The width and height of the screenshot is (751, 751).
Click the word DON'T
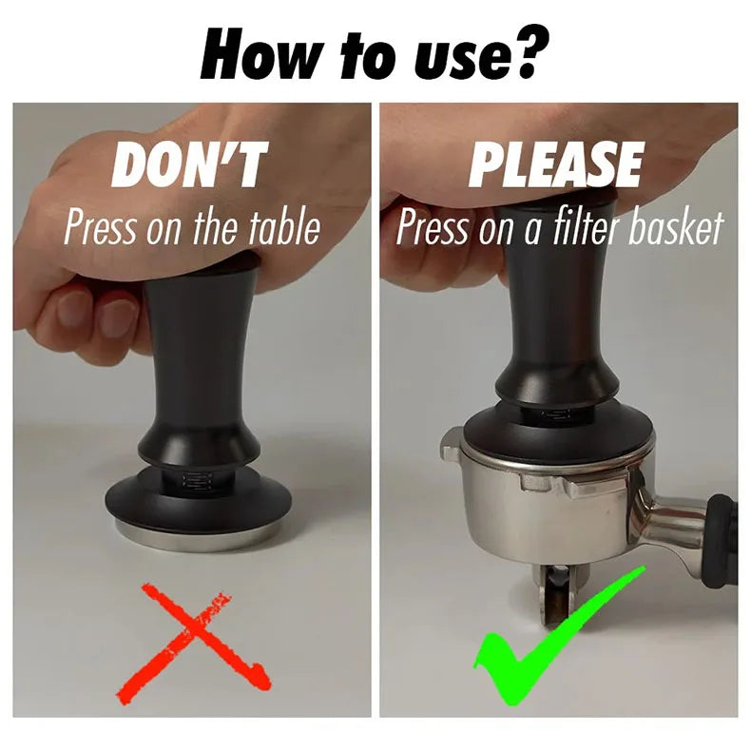point(189,164)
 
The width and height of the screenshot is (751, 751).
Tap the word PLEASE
point(554,164)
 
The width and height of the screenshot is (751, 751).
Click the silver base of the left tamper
point(199,535)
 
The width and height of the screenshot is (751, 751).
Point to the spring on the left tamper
point(197,482)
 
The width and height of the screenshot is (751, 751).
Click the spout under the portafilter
point(555,596)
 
